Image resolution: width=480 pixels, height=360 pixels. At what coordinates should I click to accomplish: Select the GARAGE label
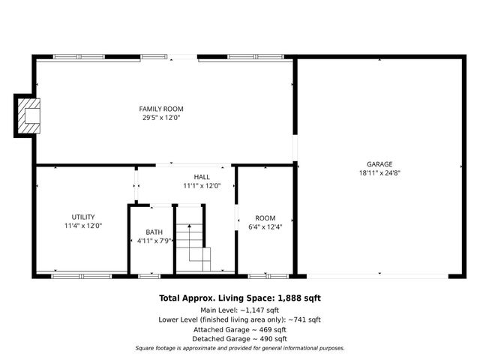click(x=379, y=164)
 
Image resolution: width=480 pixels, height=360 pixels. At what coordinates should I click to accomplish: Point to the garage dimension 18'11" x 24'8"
click(x=379, y=173)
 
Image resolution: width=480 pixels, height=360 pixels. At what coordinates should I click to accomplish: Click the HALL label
click(x=202, y=177)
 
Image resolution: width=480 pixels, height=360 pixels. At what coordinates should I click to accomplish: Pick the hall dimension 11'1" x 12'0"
click(x=202, y=186)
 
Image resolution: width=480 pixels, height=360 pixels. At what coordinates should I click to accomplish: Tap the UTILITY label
click(x=82, y=217)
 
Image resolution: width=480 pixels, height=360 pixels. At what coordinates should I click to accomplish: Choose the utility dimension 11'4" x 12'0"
click(x=82, y=226)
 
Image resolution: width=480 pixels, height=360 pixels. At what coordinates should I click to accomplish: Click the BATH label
click(x=154, y=232)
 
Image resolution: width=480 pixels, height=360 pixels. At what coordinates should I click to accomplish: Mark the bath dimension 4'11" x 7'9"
click(x=154, y=241)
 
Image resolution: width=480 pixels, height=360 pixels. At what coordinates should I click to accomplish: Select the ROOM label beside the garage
click(x=265, y=217)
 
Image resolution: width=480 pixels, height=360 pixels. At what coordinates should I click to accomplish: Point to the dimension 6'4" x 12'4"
click(x=265, y=226)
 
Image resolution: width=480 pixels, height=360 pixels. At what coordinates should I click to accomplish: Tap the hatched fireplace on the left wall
click(x=28, y=116)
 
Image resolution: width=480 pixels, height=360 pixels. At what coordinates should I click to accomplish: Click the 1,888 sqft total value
click(x=299, y=298)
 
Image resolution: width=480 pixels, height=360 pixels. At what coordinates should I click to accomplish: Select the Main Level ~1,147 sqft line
click(x=239, y=310)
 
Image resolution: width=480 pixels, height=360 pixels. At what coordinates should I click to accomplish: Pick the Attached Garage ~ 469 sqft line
click(x=239, y=329)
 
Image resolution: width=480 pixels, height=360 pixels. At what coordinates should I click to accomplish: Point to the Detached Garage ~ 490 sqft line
click(x=239, y=339)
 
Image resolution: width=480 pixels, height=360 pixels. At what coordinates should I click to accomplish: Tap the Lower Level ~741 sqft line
click(x=239, y=319)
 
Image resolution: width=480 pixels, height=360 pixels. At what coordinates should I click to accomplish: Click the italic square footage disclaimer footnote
click(x=239, y=348)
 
